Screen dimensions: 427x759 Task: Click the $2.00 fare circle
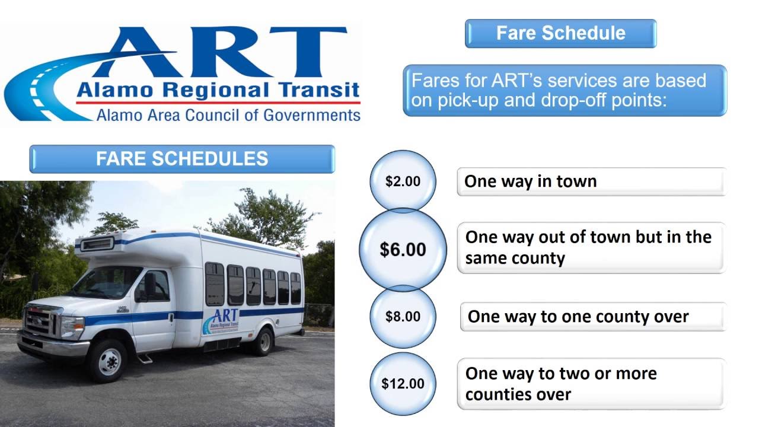(x=403, y=181)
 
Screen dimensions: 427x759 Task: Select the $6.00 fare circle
(x=403, y=250)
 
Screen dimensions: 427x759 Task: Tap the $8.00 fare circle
(x=403, y=316)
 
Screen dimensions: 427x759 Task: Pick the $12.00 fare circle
(x=403, y=383)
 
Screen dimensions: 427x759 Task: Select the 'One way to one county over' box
(x=592, y=316)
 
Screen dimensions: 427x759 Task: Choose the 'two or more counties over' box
(x=591, y=384)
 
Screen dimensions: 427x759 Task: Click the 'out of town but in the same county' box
(x=591, y=247)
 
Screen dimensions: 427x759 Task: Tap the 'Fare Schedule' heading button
(x=560, y=33)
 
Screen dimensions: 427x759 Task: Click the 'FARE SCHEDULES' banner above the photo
(x=182, y=159)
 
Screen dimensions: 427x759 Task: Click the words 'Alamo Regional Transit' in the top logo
(x=218, y=91)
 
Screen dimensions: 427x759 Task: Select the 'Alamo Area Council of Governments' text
(x=228, y=114)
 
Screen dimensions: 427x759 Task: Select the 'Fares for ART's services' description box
(x=565, y=90)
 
